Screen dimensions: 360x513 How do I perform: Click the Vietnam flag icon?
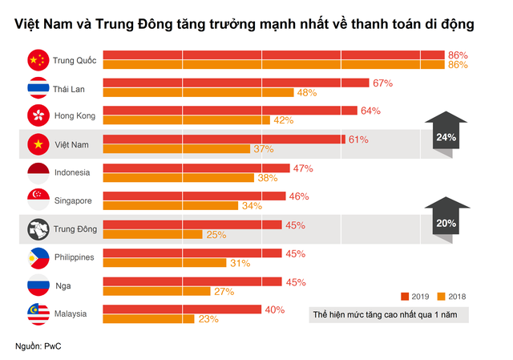click(37, 144)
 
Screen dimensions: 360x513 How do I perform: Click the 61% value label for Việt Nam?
click(358, 140)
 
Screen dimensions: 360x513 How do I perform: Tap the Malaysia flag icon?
click(37, 313)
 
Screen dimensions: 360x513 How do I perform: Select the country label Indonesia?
click(72, 172)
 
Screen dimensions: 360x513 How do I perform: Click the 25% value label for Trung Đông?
click(215, 234)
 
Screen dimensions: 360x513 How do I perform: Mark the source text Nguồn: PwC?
click(38, 346)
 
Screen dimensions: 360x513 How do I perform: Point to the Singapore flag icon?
click(37, 200)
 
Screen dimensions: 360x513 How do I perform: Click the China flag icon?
click(37, 59)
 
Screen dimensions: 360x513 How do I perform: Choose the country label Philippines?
click(75, 257)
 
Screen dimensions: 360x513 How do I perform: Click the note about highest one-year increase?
click(389, 314)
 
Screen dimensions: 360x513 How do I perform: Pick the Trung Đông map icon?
click(37, 229)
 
